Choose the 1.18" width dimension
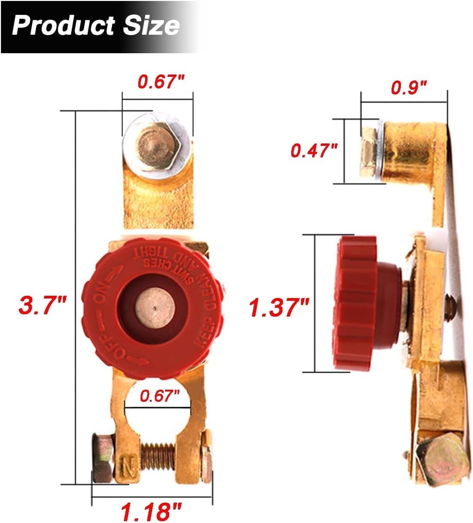[151, 511]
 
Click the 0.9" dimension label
[409, 87]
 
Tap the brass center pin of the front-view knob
[154, 307]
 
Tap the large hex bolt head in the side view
[441, 459]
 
